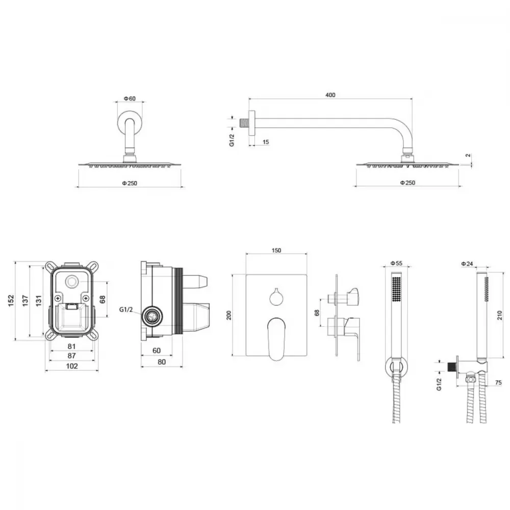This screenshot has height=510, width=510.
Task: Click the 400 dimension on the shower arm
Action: click(330, 95)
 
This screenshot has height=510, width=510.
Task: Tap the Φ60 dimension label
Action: click(130, 98)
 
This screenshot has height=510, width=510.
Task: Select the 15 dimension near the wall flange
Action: click(266, 142)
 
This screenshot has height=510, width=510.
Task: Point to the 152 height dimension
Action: click(11, 300)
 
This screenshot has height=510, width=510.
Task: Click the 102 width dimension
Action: click(72, 366)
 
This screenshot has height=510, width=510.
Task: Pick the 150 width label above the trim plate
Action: click(276, 250)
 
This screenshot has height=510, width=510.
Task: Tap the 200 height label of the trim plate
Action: click(229, 315)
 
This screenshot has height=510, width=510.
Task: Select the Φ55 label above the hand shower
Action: click(396, 263)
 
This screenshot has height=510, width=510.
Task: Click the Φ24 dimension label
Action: click(467, 264)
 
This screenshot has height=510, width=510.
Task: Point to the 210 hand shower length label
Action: click(500, 315)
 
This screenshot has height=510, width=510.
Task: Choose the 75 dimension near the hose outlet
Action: click(498, 382)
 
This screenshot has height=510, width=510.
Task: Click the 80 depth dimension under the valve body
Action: click(162, 362)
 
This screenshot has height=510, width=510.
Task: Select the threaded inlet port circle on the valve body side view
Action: click(152, 316)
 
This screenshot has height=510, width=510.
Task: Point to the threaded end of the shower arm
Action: click(244, 123)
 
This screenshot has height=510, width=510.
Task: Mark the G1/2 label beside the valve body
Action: click(126, 310)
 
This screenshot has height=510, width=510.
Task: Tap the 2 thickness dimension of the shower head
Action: click(468, 156)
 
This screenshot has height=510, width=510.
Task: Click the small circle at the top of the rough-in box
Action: click(71, 282)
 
